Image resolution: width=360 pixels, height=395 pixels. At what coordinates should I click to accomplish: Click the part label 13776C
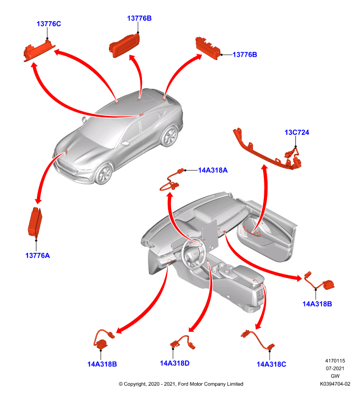coord(48,24)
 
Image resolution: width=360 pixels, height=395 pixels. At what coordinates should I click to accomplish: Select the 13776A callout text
coord(37,255)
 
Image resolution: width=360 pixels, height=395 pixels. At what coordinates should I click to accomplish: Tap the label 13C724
coord(296,132)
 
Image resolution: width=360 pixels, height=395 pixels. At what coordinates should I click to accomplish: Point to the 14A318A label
coord(213,170)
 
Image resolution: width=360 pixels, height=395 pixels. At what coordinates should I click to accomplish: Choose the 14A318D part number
coord(175,363)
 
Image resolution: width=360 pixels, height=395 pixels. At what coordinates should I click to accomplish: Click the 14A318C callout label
coord(271,364)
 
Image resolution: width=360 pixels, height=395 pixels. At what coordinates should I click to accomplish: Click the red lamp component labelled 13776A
coord(35,222)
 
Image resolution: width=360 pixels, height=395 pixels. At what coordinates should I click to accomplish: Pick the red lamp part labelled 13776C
coord(39,50)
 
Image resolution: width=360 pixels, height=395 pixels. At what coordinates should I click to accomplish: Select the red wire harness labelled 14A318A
coord(170,181)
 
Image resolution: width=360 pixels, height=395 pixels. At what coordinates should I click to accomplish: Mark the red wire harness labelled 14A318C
coord(257,340)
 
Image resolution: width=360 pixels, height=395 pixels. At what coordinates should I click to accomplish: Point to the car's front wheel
coord(104,174)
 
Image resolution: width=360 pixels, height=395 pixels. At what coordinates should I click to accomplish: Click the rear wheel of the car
coord(170,136)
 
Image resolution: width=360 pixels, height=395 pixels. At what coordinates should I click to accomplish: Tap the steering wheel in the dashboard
coord(194,254)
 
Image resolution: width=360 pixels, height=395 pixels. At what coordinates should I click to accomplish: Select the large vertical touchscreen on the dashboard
coord(209,235)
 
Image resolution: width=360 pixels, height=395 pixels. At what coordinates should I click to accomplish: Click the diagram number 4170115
coord(335,360)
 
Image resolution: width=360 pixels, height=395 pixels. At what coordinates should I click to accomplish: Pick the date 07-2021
coord(335,368)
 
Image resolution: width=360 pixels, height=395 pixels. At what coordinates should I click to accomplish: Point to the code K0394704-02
coord(335,384)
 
